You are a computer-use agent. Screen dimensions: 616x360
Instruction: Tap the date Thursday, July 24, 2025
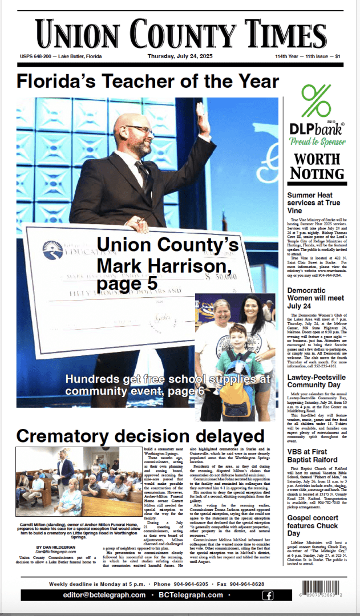tap(180, 56)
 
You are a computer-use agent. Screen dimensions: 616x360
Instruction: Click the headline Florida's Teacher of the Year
tap(148, 81)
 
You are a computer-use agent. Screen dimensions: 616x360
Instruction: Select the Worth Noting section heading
tap(317, 165)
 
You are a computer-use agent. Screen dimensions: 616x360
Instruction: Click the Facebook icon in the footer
tap(267, 595)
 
